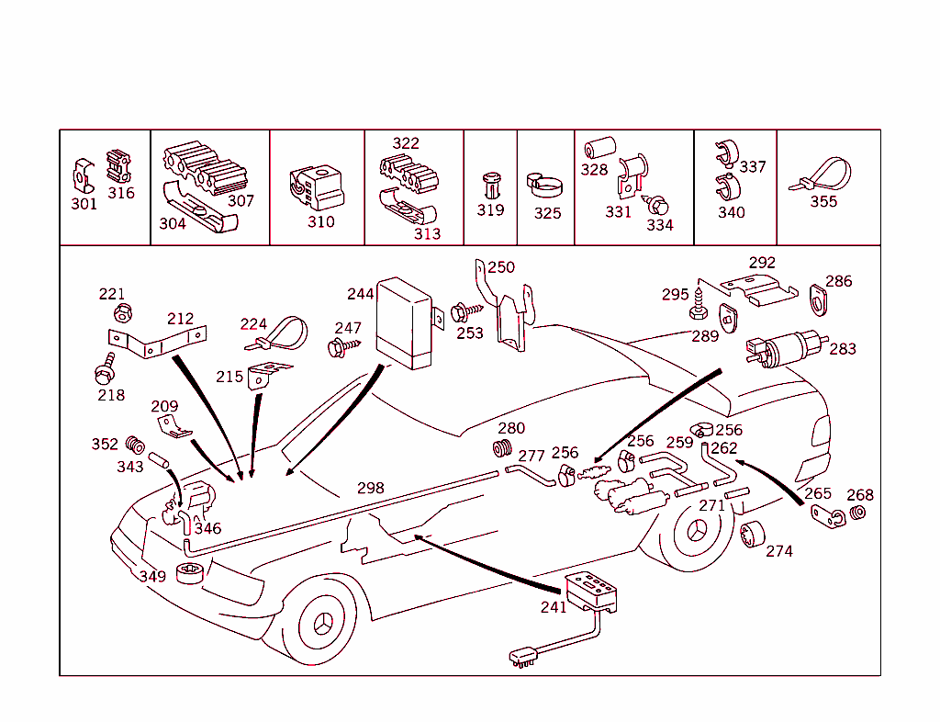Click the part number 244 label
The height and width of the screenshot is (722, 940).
[360, 294]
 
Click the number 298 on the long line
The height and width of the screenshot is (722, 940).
[370, 488]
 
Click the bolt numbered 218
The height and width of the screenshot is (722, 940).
[104, 371]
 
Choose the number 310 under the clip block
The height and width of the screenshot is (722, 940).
[321, 221]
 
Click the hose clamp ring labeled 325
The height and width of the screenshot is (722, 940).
[545, 186]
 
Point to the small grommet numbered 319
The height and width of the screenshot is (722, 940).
[491, 185]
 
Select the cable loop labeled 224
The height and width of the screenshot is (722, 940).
[280, 333]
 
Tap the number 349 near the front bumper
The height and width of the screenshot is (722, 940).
[152, 576]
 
